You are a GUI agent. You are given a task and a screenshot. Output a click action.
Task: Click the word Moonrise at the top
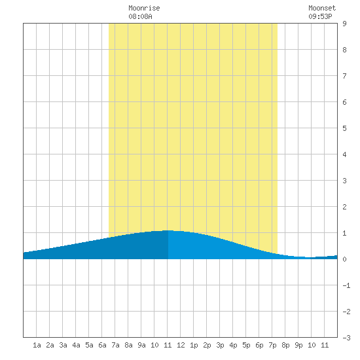(x=144, y=8)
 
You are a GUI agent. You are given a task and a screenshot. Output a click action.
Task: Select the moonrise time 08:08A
(x=140, y=16)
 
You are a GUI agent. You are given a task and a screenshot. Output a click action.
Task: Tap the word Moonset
(x=322, y=8)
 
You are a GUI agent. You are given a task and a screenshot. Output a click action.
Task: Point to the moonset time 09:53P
(x=320, y=16)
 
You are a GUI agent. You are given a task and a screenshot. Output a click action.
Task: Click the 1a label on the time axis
(x=37, y=345)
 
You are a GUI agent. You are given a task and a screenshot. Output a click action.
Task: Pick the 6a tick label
(x=102, y=345)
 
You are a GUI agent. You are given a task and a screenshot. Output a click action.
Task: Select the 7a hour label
(x=115, y=345)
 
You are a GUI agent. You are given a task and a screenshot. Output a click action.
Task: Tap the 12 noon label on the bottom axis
(x=181, y=345)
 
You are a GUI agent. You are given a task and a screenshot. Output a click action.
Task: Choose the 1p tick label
(x=194, y=345)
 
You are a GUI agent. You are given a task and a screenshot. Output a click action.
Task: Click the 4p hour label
(x=233, y=345)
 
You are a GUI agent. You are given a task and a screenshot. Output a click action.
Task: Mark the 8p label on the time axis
(x=285, y=345)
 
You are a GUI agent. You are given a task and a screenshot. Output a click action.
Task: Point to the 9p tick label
(x=298, y=345)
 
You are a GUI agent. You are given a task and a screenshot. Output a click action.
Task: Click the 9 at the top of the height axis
(x=344, y=24)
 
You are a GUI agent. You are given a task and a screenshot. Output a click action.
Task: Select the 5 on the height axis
(x=344, y=128)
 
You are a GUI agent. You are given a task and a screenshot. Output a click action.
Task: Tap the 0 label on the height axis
(x=344, y=259)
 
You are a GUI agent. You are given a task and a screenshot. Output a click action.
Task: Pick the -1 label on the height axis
(x=346, y=285)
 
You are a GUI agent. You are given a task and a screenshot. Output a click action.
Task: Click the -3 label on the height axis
(x=346, y=338)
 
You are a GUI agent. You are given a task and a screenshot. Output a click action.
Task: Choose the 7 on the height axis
(x=344, y=76)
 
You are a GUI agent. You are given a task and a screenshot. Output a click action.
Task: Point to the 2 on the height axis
(x=344, y=207)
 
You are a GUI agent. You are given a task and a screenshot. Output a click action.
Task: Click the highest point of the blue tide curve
(x=168, y=230)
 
